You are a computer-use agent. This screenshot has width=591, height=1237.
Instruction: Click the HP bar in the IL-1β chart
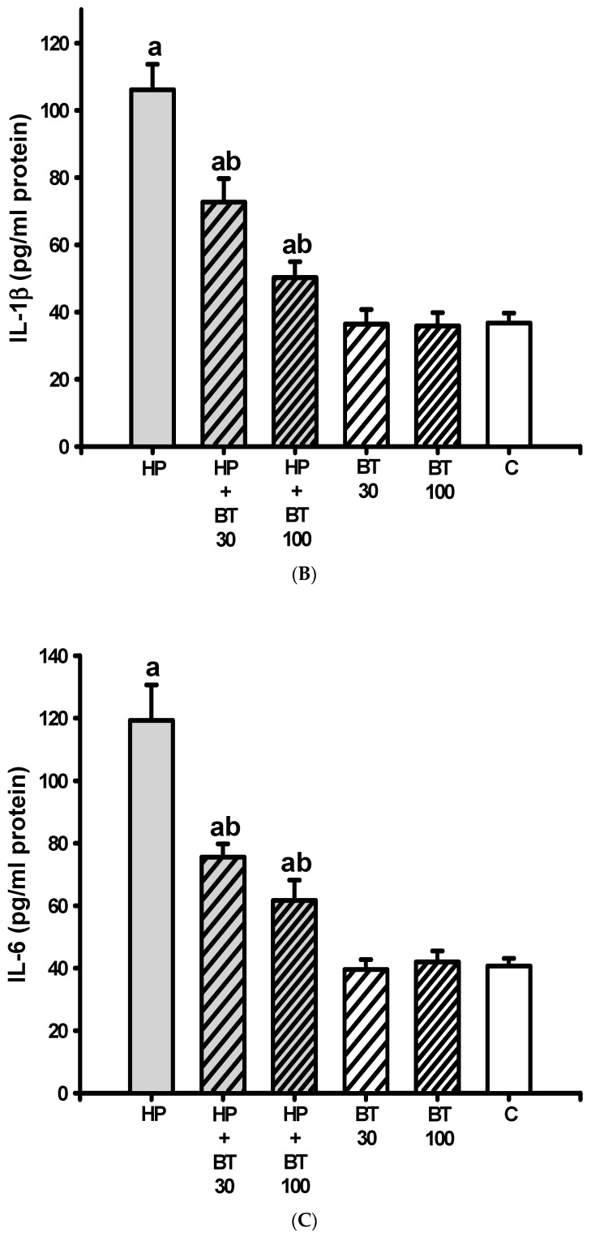click(152, 268)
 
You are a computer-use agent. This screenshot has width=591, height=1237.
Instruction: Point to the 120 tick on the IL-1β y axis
click(79, 43)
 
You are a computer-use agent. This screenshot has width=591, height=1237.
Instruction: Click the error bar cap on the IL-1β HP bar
click(152, 63)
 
